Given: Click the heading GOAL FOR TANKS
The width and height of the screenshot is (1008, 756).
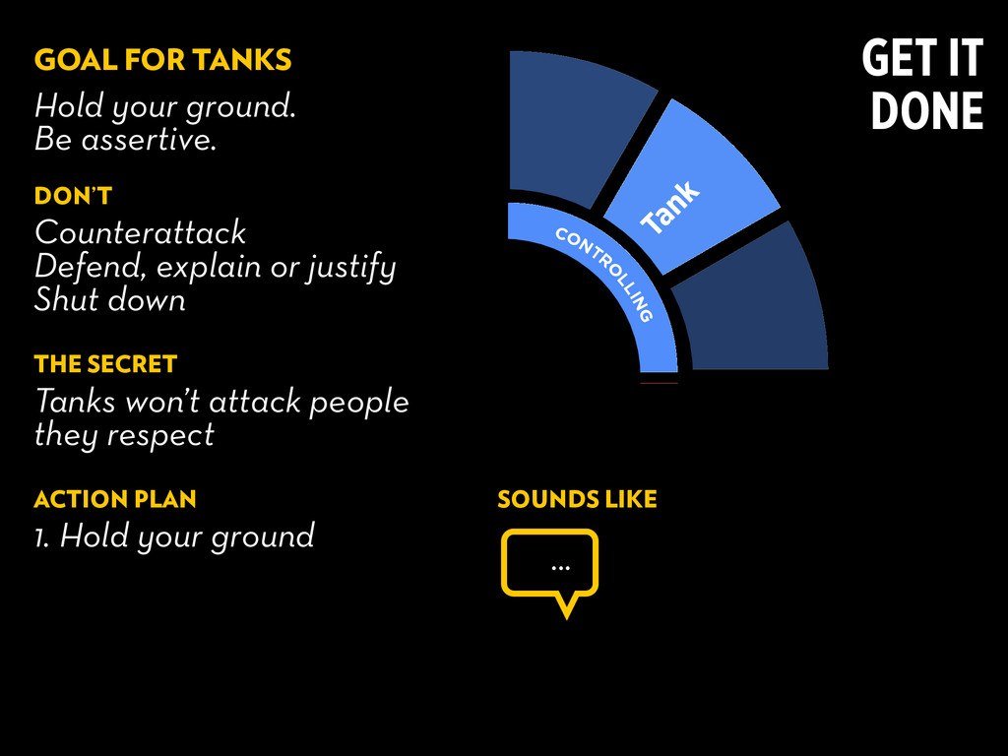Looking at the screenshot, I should coord(162,60).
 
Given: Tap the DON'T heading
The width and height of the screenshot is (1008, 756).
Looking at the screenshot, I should coord(73,196).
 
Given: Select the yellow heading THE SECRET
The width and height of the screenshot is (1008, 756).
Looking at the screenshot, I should coord(105,364).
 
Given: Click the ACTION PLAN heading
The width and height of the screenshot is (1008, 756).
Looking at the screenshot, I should coord(115,499).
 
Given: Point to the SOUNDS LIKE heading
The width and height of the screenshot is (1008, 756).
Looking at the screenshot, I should coord(577,499).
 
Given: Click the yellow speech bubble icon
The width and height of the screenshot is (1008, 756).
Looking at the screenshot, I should coord(549,566).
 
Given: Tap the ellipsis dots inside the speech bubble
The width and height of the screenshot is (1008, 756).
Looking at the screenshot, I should coord(560,566).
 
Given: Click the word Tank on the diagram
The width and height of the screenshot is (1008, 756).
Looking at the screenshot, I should coord(671,208).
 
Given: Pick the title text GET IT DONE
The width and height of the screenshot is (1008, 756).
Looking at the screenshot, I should coord(923,86).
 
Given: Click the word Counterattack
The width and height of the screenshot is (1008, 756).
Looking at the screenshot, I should coord(140,233).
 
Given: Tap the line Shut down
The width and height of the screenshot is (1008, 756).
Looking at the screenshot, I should coord(109,299).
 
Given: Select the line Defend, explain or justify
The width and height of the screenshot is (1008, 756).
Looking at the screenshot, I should coord(215,267).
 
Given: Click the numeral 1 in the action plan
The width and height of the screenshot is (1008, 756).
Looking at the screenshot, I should coord(40,537).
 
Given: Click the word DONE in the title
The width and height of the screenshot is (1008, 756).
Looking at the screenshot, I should coord(926,111).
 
